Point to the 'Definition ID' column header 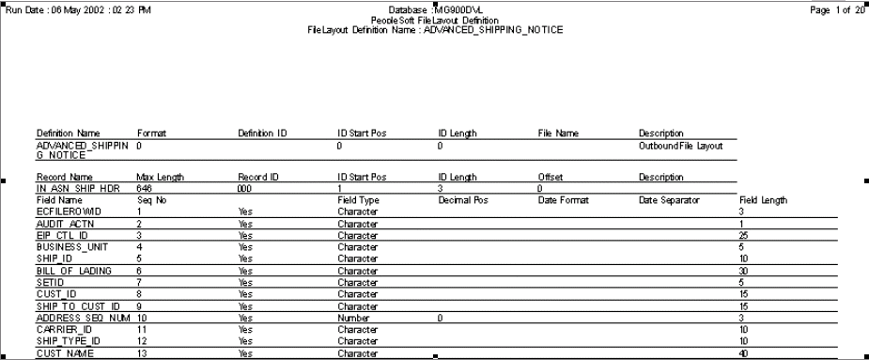(262, 134)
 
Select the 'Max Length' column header (161, 177)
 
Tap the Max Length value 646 (144, 188)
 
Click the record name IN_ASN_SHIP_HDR (76, 188)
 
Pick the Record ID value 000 (245, 188)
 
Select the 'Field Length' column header (763, 199)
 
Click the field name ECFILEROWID (65, 211)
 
